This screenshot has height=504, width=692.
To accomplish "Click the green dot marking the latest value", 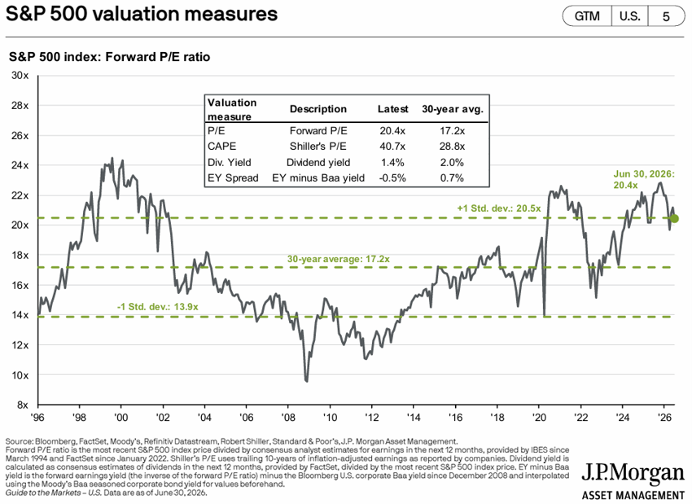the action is pos(674,218).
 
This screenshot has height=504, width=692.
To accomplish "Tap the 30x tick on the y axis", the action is pos(20,76).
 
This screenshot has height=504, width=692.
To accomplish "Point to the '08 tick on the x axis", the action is pos(288,417).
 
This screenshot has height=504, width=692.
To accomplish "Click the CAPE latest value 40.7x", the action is pos(392,147).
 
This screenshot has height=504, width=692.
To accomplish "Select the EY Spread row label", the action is pos(233,177).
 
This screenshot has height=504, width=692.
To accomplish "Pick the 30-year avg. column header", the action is pos(453,109).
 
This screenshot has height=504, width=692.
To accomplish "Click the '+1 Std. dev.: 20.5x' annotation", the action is pos(499,208).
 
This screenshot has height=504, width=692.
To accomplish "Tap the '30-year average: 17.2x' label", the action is pos(339,259).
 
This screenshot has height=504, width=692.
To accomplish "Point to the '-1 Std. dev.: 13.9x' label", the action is pos(158,307).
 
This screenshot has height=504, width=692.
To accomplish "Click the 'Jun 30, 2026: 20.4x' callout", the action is pos(644,180).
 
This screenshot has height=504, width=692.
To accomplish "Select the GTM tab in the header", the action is pos(587,16).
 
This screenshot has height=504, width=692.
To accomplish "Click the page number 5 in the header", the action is pos(666,17).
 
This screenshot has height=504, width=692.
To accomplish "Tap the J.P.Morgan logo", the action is pos(633,480).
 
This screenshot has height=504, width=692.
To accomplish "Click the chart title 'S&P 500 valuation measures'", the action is pos(142,14).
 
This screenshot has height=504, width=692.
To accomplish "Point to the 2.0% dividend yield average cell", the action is pos(452,162).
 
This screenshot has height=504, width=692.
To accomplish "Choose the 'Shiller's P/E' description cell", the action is pos(318,147).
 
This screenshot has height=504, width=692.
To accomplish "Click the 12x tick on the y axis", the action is pos(20,345).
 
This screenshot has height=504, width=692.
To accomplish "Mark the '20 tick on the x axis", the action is pos(539,417).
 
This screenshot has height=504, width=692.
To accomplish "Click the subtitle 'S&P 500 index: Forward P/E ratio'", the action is pos(109,57).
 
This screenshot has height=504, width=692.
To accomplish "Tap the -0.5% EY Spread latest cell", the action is pos(392,177).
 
